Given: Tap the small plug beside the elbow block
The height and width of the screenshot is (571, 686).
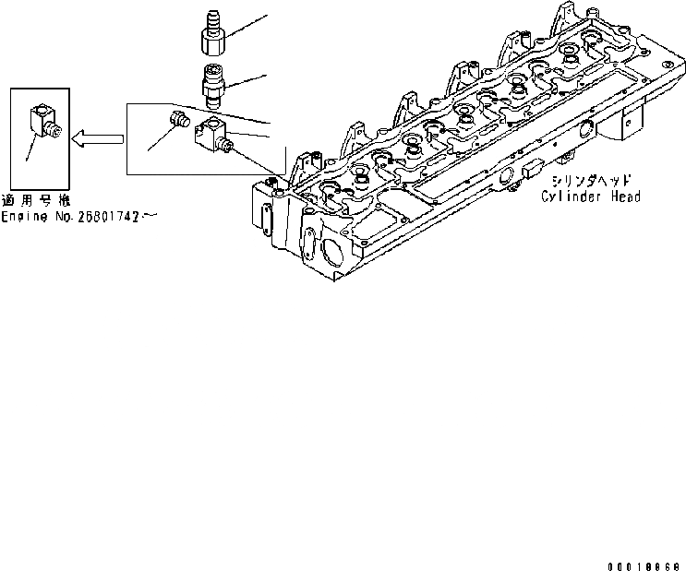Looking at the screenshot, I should pos(178,118).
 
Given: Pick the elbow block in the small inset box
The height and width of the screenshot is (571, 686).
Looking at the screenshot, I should pos(42,121).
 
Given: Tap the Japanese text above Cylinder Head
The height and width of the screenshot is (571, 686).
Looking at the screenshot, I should pos(591,182).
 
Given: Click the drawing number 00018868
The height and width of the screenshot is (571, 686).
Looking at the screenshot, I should pos(644,565).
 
